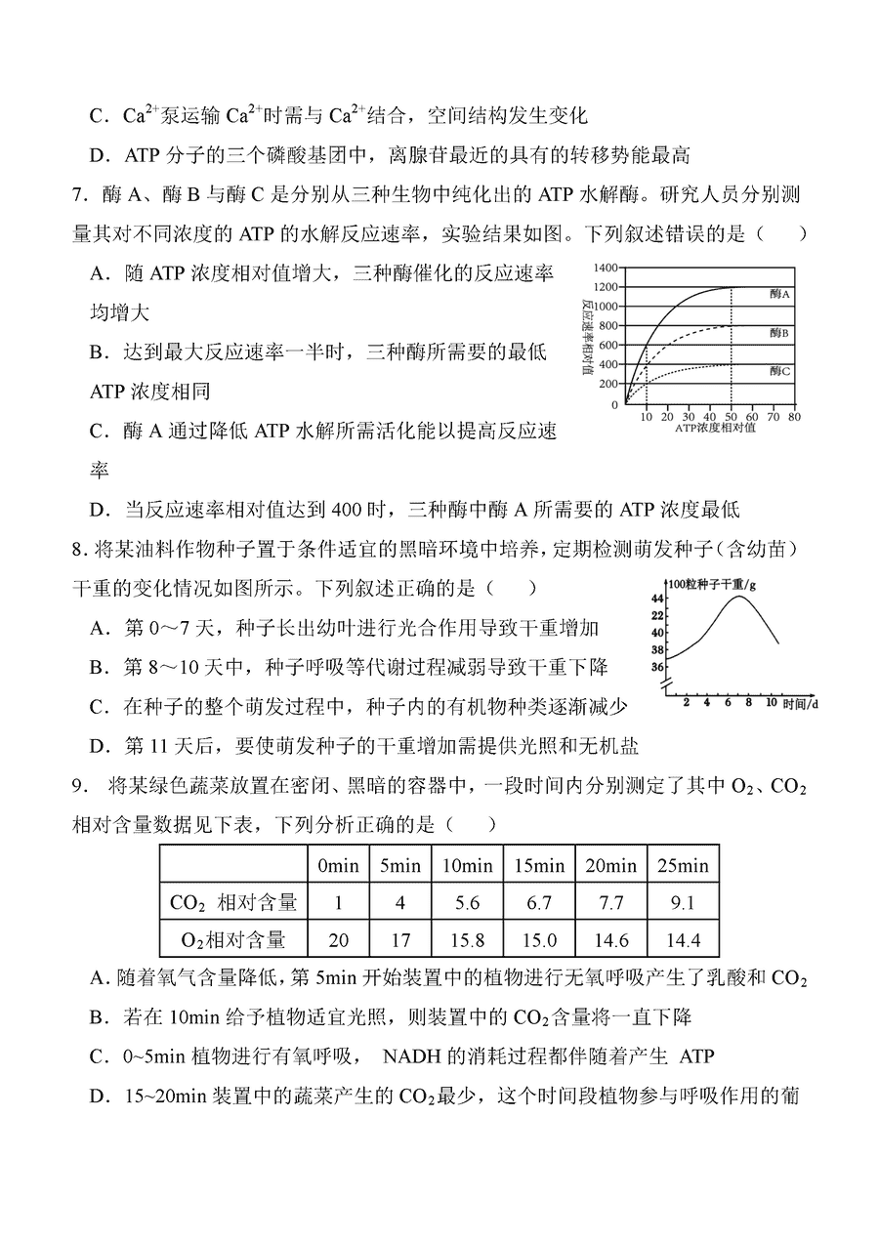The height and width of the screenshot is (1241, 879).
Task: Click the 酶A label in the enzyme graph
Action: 778,293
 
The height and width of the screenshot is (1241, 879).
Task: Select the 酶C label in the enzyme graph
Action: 778,371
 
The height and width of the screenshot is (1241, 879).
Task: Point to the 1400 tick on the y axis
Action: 606,267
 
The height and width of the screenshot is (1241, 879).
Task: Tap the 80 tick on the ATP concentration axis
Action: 793,416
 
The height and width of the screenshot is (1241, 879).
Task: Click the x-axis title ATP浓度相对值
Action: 715,427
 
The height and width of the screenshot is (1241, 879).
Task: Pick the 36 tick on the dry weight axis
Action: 656,668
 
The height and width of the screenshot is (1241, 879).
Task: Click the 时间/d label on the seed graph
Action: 800,703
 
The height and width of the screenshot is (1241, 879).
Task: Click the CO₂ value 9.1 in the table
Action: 682,903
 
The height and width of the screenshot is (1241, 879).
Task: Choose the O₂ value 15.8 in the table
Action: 468,939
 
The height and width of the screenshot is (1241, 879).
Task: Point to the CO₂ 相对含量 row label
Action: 233,903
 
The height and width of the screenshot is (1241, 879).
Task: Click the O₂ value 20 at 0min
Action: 338,939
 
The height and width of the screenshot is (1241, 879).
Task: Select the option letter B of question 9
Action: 98,1018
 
